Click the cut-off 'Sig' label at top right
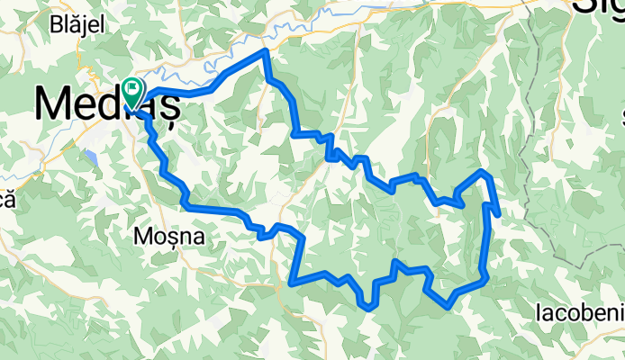[x=598, y=7]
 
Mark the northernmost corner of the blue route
[x=265, y=51]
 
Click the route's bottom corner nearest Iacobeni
[x=448, y=307]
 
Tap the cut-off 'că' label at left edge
[x=5, y=200]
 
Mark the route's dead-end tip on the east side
[x=499, y=215]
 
